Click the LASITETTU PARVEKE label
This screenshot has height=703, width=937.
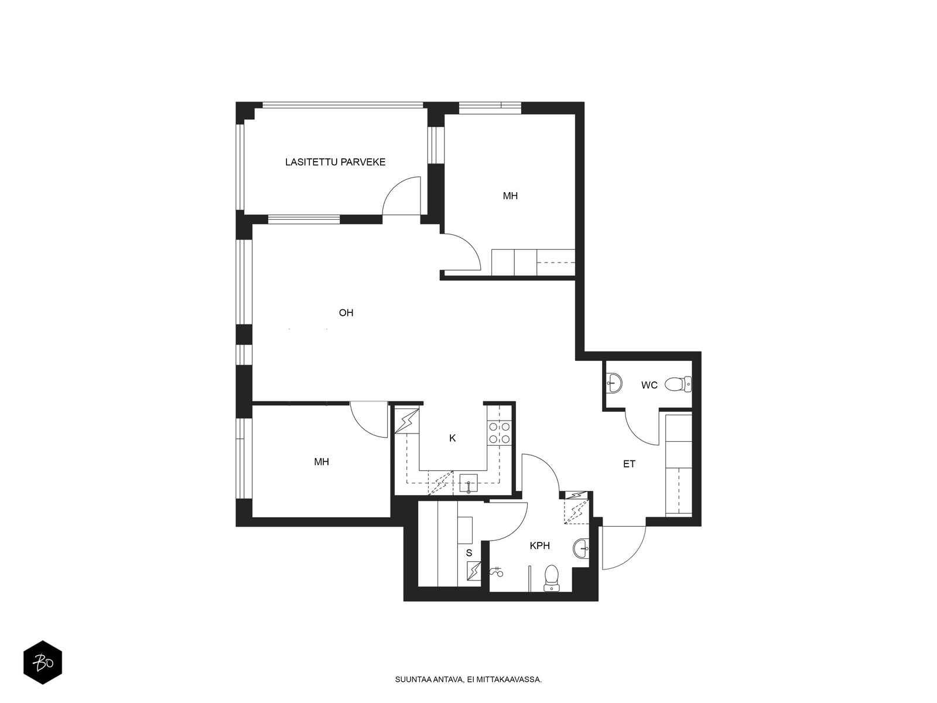pos(335,162)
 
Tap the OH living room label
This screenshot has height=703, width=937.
pos(346,313)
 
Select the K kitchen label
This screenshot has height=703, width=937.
pos(453,438)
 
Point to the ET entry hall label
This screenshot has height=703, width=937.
pos(629,464)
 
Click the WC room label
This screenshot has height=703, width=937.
pos(649,385)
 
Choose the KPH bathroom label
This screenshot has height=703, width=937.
pos(539,545)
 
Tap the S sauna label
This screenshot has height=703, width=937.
pos(469,553)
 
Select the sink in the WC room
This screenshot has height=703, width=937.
pos(614,383)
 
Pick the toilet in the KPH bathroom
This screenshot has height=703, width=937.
pos(552,578)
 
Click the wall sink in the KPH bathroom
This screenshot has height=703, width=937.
pos(582,548)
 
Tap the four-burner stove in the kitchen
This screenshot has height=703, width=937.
pos(499,432)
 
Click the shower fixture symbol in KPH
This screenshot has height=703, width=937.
pos(497,571)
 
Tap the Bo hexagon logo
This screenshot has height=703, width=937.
pos(43,663)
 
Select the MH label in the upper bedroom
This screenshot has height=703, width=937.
pos(510,196)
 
